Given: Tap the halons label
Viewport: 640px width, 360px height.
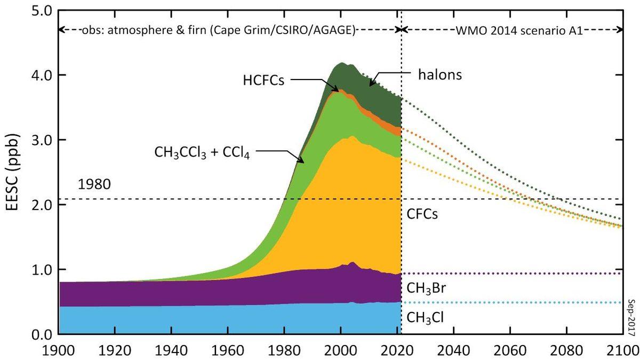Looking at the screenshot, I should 439,74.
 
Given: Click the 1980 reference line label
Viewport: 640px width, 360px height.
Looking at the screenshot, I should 94,185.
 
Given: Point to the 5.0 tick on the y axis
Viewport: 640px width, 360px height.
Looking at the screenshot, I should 38,10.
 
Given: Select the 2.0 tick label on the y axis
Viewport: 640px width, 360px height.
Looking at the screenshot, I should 38,205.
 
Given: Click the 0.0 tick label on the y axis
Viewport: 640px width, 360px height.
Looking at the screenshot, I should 38,334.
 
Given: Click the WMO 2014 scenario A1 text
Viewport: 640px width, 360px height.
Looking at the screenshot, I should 512,30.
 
